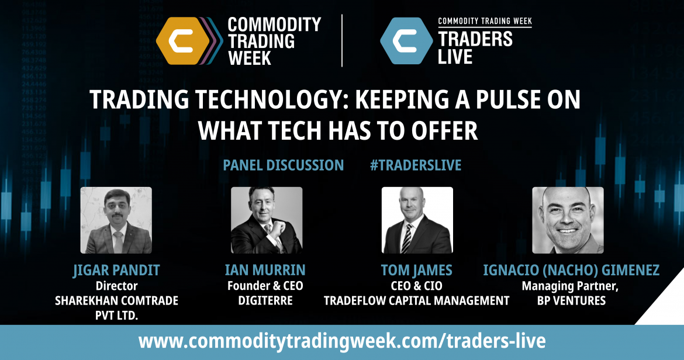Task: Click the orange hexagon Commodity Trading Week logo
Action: point(183,40)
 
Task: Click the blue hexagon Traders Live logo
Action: point(406,40)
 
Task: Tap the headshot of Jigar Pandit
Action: point(116,220)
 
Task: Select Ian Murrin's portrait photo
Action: point(267,220)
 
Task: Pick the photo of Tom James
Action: point(417,220)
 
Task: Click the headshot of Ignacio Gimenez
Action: point(568,220)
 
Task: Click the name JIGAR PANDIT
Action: point(116,271)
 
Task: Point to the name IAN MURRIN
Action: point(265,270)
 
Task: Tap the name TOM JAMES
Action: point(417,270)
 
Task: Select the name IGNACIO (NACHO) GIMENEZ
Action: point(571,270)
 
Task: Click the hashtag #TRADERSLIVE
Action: point(416,165)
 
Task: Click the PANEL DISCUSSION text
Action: point(284,165)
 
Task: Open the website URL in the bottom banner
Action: point(342,340)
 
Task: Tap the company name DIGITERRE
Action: point(265,301)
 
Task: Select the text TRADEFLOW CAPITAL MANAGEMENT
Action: point(417,301)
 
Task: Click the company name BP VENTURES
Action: point(571,301)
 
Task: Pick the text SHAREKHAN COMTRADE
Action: point(116,301)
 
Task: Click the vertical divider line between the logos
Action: point(342,40)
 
